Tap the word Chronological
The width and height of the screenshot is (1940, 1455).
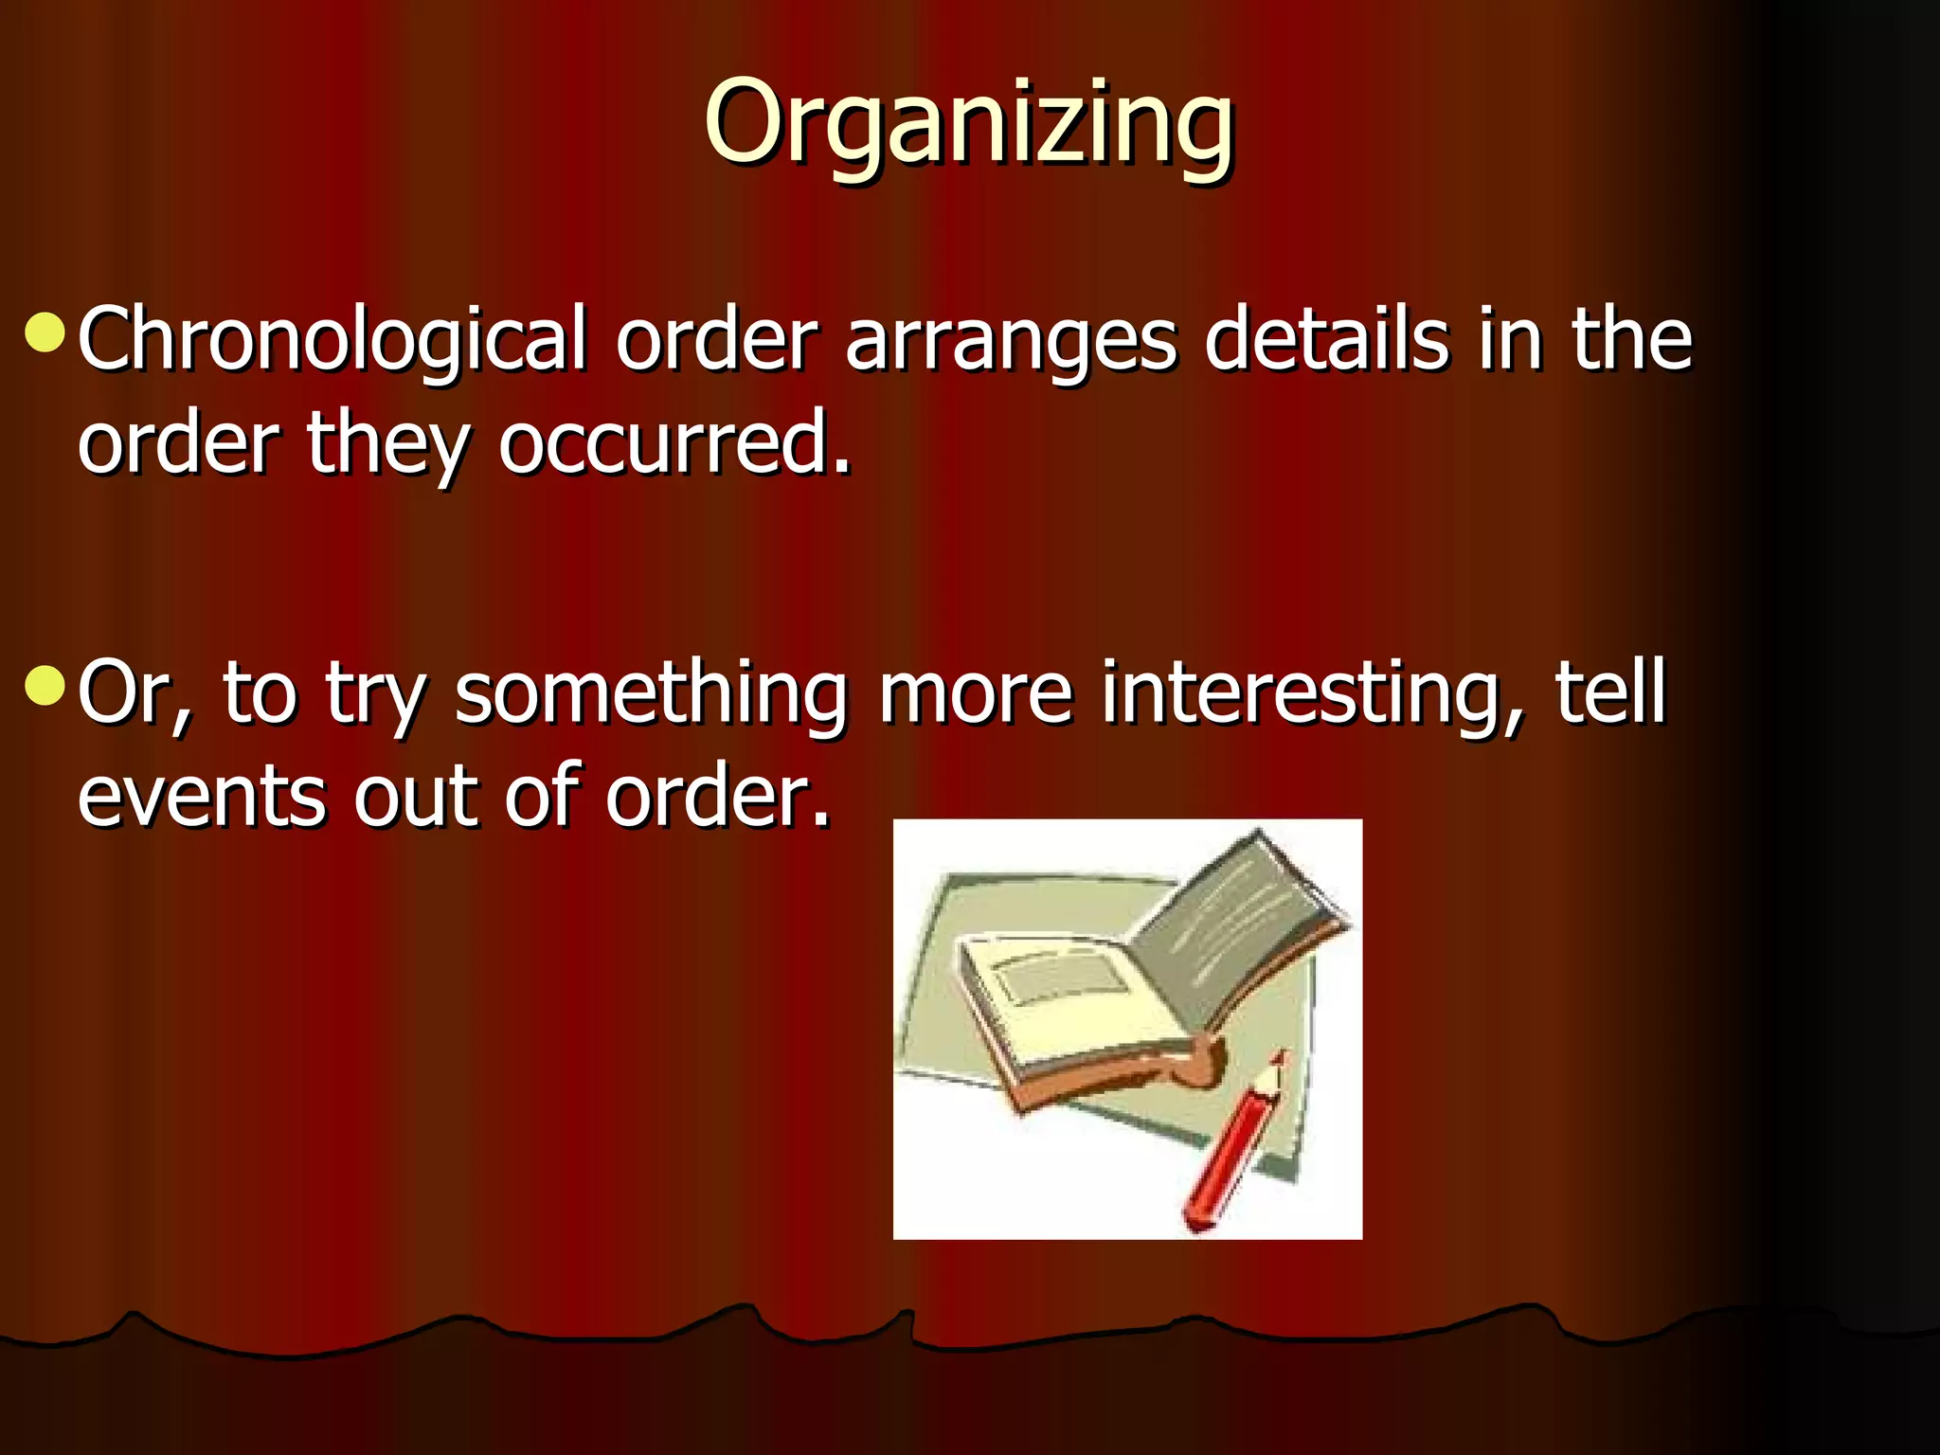(332, 341)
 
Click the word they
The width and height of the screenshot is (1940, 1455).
(388, 445)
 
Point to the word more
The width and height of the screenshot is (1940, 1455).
(976, 695)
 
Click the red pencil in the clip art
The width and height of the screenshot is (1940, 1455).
(1231, 1146)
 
